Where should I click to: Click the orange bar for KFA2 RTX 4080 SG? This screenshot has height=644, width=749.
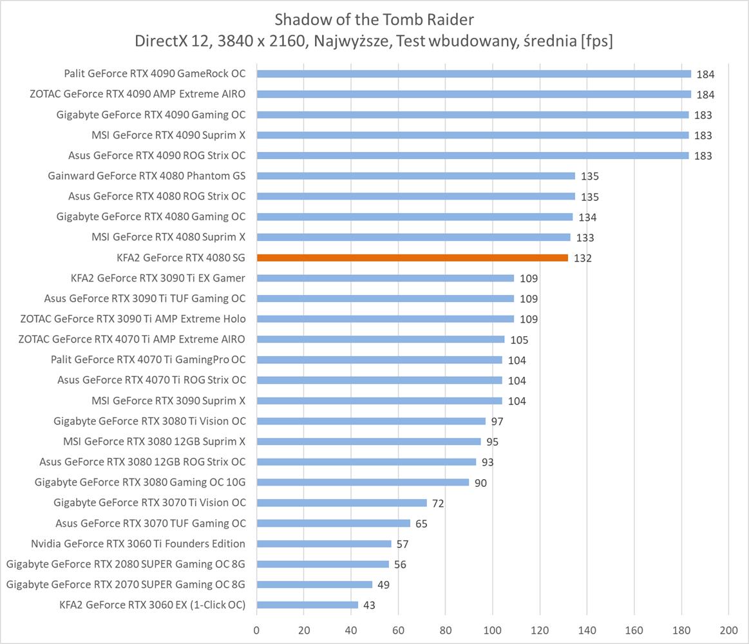tap(412, 258)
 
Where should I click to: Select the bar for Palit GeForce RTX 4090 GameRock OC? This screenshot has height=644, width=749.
tap(473, 74)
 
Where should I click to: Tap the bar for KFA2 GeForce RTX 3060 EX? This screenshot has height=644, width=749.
tap(307, 605)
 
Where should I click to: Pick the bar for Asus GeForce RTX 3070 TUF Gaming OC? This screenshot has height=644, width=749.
tap(333, 523)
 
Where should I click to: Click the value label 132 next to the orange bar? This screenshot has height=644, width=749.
tap(582, 258)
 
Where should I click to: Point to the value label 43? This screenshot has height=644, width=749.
tap(368, 605)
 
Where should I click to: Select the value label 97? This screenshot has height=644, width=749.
tap(497, 421)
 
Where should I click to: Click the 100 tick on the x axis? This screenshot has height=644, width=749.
tap(493, 630)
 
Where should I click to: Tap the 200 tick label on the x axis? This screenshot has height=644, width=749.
tap(728, 630)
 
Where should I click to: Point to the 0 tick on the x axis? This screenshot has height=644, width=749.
tap(257, 630)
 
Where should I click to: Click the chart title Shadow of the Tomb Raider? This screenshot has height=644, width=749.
tap(374, 19)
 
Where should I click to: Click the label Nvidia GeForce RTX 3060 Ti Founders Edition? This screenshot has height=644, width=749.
tap(138, 544)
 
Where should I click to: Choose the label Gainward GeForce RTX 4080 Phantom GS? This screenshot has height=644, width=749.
tap(146, 176)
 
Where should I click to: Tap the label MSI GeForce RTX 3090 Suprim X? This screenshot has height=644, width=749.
tap(168, 401)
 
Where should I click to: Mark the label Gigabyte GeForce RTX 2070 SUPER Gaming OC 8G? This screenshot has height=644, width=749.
tap(126, 584)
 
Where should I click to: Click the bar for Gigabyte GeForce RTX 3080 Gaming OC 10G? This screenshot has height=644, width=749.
tap(363, 482)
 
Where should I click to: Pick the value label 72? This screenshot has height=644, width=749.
tap(438, 503)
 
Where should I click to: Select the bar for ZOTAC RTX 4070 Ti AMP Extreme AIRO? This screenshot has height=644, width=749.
tap(381, 339)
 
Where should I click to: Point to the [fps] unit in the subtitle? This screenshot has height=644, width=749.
tap(596, 41)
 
